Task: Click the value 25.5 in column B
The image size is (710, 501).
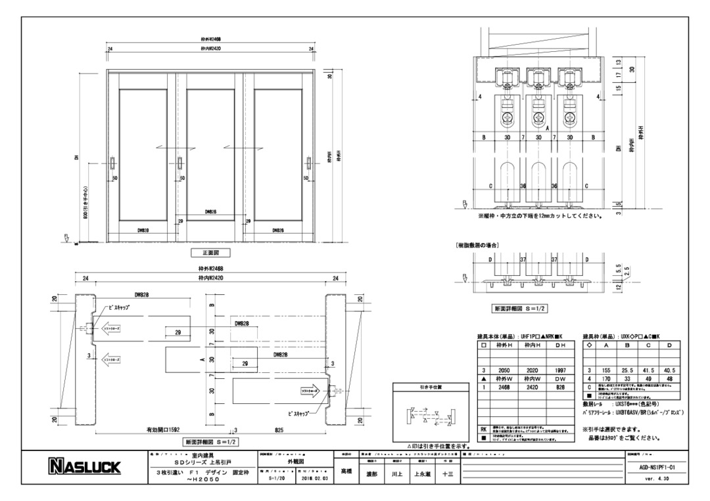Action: pyautogui.click(x=625, y=370)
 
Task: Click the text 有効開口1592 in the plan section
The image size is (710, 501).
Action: pyautogui.click(x=165, y=430)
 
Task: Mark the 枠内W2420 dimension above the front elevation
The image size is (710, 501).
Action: pyautogui.click(x=211, y=49)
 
